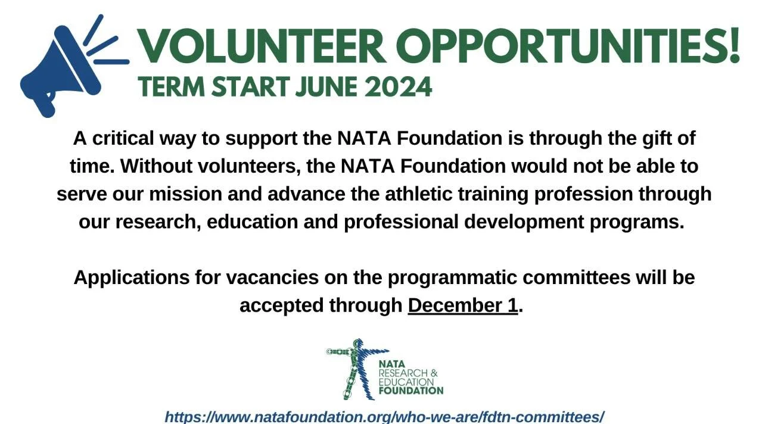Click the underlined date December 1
click(x=462, y=305)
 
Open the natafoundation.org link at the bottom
click(x=384, y=416)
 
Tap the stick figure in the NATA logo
click(x=356, y=368)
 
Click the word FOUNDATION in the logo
click(x=411, y=391)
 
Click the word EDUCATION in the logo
click(x=406, y=382)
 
